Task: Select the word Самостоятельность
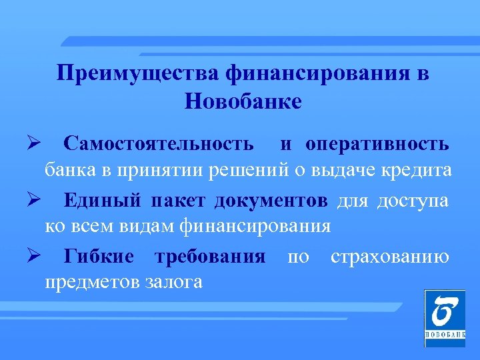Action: pos(159,143)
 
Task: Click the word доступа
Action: pos(413,200)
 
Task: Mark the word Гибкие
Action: pos(99,257)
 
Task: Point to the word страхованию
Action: pos(389,257)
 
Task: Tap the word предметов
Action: pos(92,282)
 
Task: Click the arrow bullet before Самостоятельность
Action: pos(35,143)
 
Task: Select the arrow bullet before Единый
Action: pos(35,200)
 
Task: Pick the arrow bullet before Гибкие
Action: pos(35,257)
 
